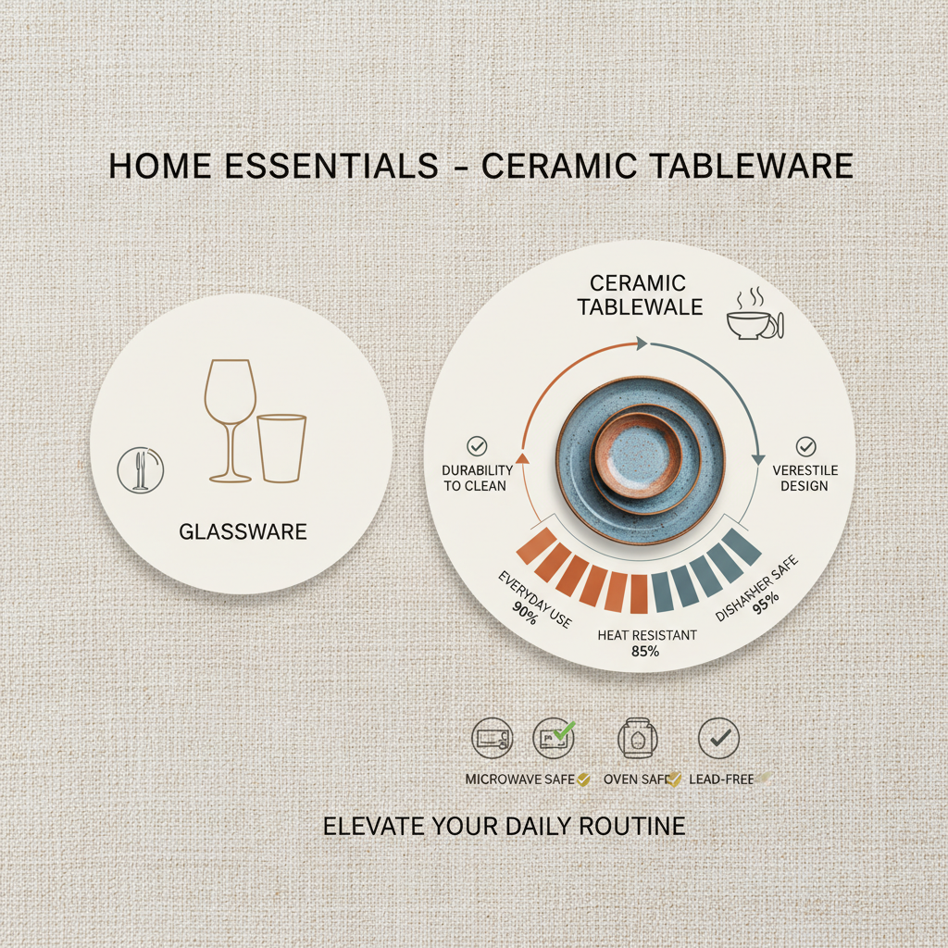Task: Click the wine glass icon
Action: click(x=230, y=417)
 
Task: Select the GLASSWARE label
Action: click(x=243, y=531)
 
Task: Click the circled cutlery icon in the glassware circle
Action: click(x=141, y=469)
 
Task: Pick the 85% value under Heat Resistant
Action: click(x=646, y=651)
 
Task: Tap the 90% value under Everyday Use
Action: click(x=524, y=613)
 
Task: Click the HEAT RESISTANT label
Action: click(x=647, y=635)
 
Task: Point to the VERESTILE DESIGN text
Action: click(x=805, y=478)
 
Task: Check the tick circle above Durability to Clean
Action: click(x=478, y=445)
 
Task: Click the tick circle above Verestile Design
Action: click(x=805, y=447)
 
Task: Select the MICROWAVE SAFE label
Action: click(x=520, y=780)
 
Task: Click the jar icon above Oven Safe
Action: click(x=636, y=738)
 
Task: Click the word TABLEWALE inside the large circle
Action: click(x=641, y=306)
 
